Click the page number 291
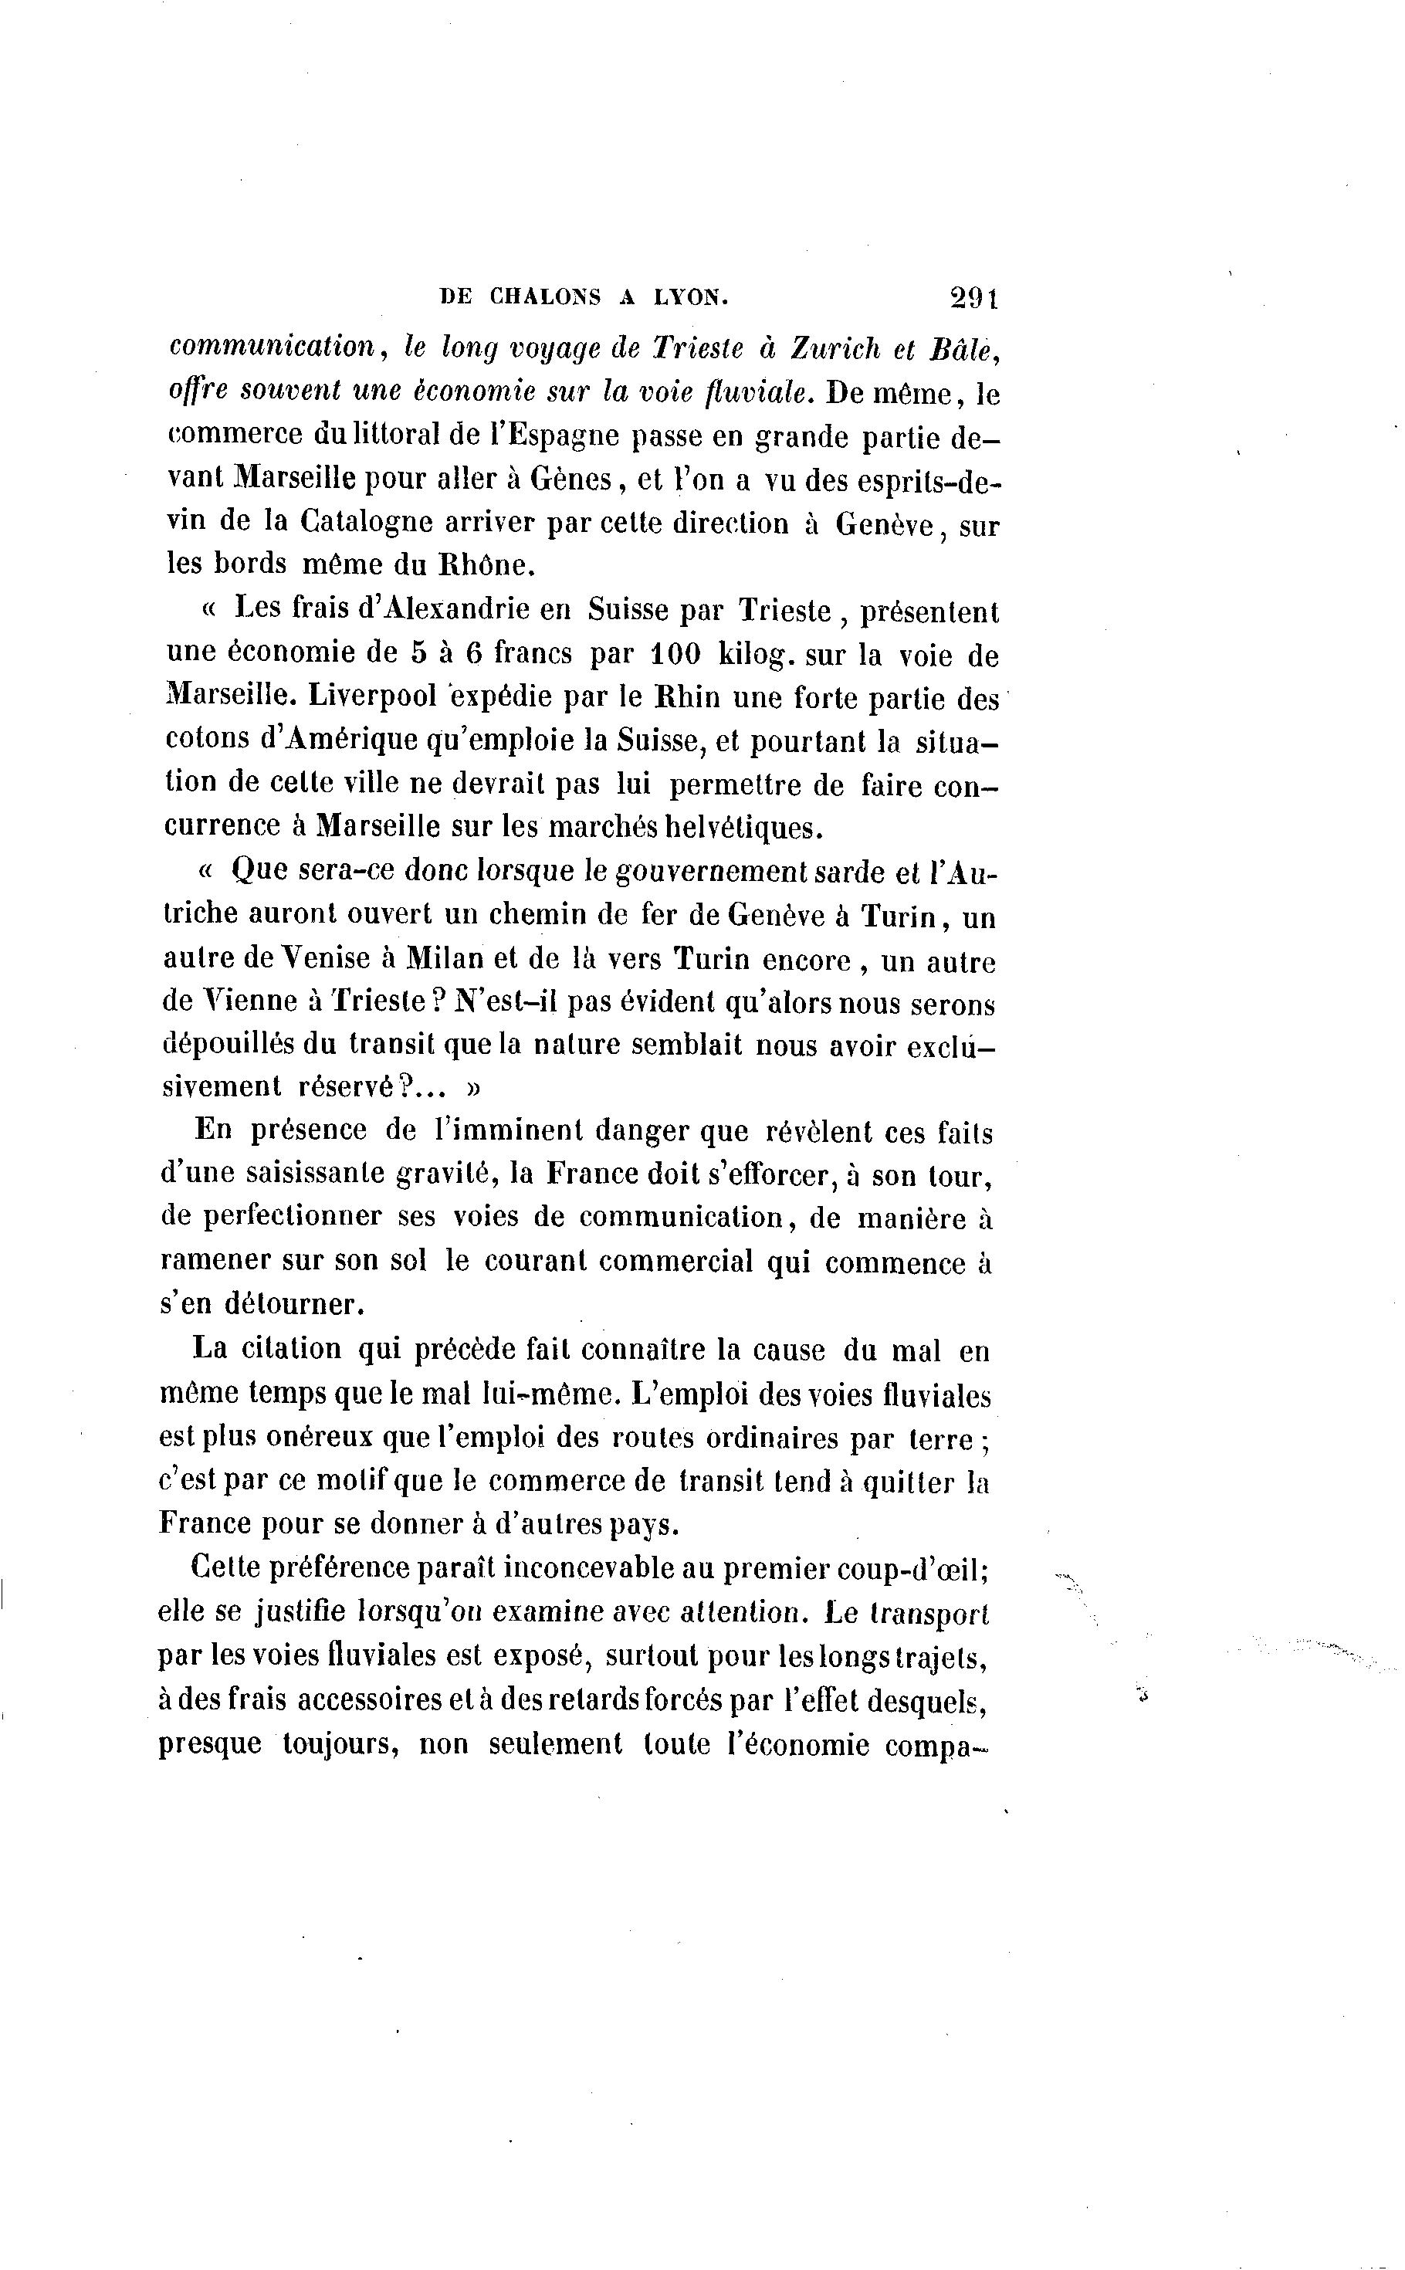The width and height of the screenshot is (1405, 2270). point(973,297)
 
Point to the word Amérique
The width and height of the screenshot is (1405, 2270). point(341,740)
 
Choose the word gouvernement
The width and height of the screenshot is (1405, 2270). point(711,872)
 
